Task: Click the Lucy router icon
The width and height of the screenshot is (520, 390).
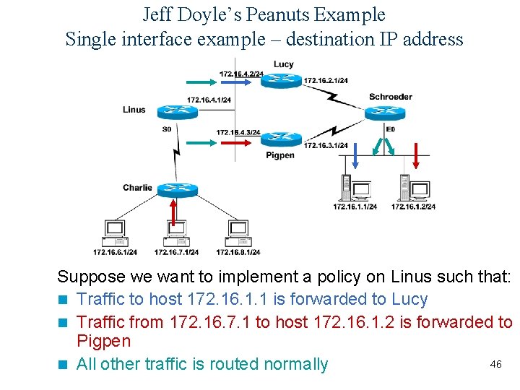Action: pos(281,79)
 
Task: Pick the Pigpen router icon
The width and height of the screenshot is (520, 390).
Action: pos(281,139)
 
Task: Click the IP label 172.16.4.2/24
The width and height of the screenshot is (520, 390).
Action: pos(241,73)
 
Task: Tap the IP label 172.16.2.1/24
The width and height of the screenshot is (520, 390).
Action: pos(326,80)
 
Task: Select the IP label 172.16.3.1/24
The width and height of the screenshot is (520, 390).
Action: pos(326,145)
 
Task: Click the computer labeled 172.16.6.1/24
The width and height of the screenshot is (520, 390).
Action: pos(115,233)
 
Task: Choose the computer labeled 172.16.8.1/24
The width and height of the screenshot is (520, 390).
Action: pos(238,233)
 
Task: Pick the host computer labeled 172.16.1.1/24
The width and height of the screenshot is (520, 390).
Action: pos(355,188)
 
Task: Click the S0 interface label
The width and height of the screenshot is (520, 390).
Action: pos(167,129)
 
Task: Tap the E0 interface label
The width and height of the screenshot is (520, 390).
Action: pos(391,129)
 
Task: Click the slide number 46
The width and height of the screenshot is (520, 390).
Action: pos(495,364)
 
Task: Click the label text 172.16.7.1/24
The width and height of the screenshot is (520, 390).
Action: pos(176,252)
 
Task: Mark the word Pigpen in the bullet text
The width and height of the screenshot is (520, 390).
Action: pos(103,342)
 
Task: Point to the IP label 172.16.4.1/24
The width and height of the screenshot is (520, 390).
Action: pos(209,100)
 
